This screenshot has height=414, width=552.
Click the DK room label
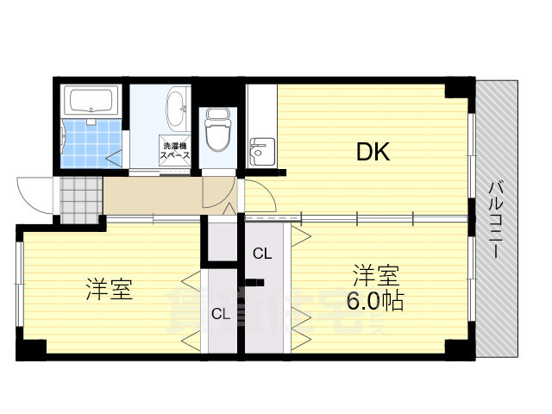373,153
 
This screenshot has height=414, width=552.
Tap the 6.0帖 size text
375,302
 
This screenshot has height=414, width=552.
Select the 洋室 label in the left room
109,290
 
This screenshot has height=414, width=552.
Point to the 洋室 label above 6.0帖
375,277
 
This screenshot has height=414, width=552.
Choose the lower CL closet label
221,314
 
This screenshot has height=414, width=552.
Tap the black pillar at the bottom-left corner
32,349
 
